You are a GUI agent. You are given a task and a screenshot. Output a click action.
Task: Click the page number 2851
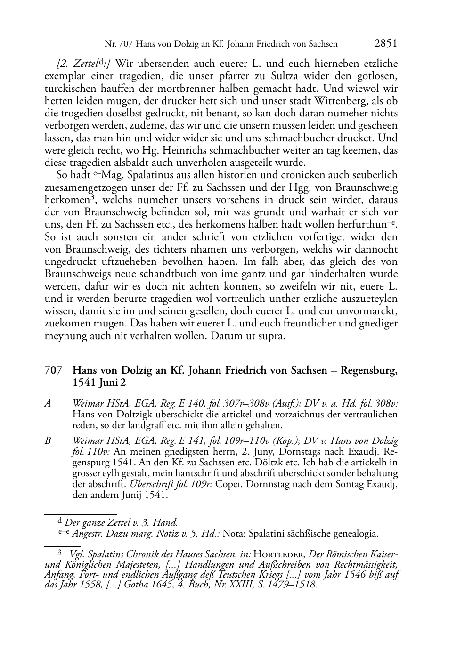click(386, 44)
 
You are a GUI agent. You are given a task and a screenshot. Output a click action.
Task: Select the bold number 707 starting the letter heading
click(52, 371)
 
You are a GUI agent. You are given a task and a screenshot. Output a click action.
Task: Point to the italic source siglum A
click(48, 403)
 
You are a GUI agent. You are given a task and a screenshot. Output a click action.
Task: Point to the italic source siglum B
click(48, 441)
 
